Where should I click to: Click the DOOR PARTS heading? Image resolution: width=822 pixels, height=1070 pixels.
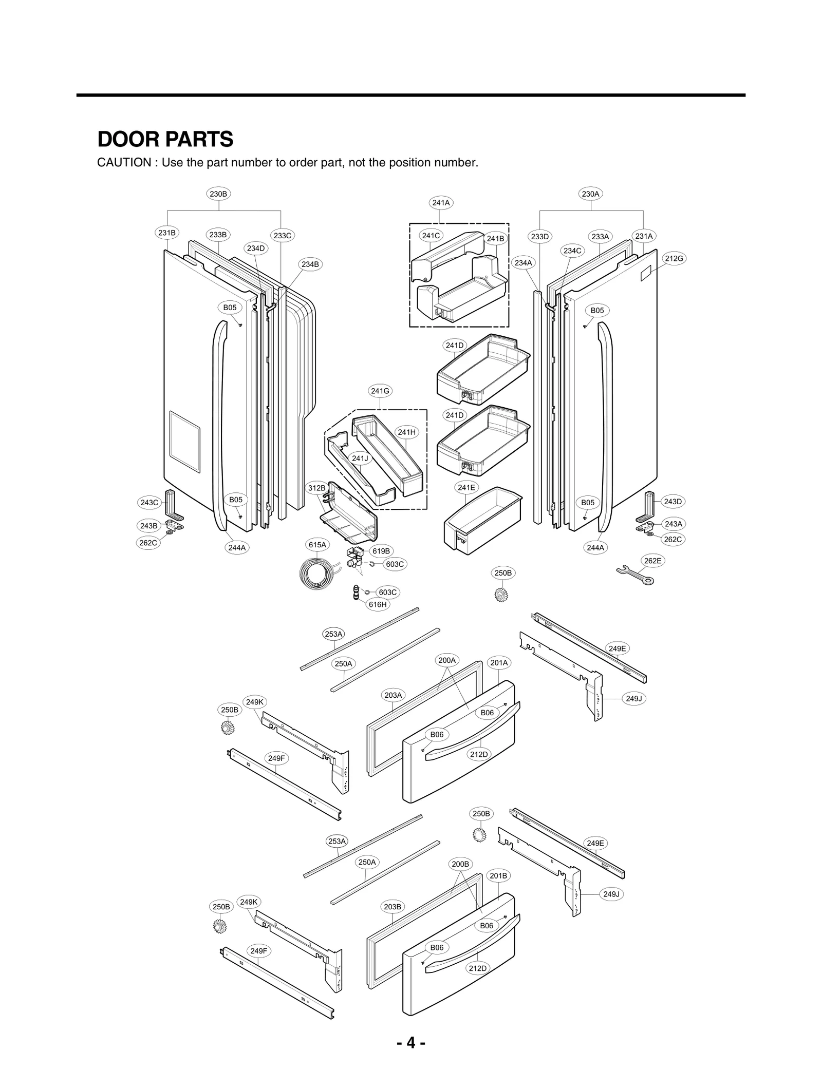pyautogui.click(x=165, y=139)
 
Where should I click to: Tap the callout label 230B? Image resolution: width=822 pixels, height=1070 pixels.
pyautogui.click(x=218, y=194)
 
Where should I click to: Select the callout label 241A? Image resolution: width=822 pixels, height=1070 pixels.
pyautogui.click(x=441, y=202)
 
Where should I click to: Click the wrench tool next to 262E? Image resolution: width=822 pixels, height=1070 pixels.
pyautogui.click(x=634, y=575)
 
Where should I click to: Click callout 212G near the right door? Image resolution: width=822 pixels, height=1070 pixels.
pyautogui.click(x=674, y=258)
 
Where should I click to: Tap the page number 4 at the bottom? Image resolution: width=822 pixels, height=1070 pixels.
pyautogui.click(x=410, y=1043)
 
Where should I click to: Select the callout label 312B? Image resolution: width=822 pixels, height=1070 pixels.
pyautogui.click(x=317, y=488)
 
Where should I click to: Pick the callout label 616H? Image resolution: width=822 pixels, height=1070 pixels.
pyautogui.click(x=378, y=604)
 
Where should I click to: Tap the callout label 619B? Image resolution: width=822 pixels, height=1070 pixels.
pyautogui.click(x=381, y=551)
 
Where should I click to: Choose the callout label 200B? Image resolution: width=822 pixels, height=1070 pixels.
pyautogui.click(x=460, y=864)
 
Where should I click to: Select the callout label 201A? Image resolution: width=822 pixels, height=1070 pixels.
pyautogui.click(x=499, y=662)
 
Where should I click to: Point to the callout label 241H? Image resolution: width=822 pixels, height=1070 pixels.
pyautogui.click(x=406, y=432)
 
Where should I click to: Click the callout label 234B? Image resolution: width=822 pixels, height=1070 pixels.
pyautogui.click(x=310, y=264)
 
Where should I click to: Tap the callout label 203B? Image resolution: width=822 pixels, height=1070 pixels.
pyautogui.click(x=393, y=906)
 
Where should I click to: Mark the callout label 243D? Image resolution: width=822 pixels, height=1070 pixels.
pyautogui.click(x=672, y=501)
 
